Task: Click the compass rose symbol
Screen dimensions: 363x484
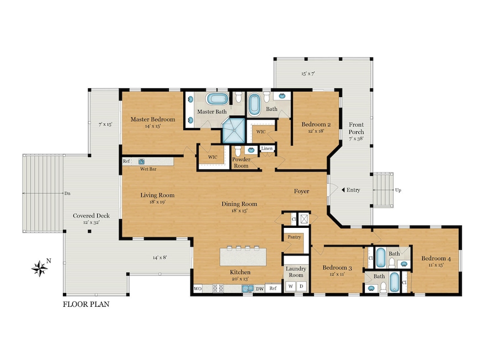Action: coord(40,268)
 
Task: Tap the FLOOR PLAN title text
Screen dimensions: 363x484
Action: coord(86,304)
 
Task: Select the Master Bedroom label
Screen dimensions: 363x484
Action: coord(152,119)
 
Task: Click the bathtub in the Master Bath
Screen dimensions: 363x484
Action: coord(217,100)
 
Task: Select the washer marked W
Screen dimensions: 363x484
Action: coord(290,286)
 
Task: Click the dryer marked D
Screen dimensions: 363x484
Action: coord(301,286)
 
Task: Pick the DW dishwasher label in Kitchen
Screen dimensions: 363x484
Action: coord(259,289)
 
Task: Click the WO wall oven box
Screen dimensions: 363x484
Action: coord(198,289)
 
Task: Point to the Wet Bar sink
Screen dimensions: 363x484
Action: coord(141,162)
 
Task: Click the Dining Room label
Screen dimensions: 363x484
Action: coord(237,204)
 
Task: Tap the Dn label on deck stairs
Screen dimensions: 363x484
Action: coord(67,194)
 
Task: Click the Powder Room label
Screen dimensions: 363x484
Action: coord(241,161)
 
